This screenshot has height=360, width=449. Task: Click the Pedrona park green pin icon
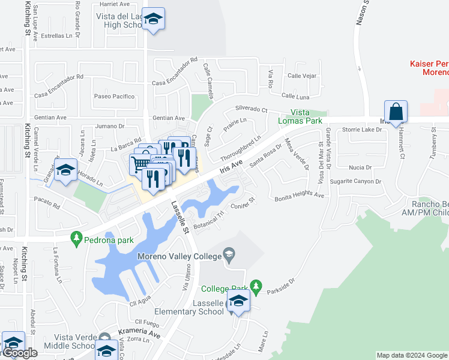click(x=76, y=239)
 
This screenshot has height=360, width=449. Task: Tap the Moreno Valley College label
click(x=179, y=256)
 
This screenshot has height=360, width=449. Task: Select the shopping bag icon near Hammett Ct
click(x=396, y=112)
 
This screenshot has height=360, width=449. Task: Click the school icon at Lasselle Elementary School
click(x=238, y=302)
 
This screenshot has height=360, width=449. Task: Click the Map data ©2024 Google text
click(x=411, y=355)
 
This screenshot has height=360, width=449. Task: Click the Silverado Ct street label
click(x=251, y=109)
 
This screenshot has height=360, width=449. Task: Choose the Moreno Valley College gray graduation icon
click(x=229, y=257)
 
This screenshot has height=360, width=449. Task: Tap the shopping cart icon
click(x=140, y=163)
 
